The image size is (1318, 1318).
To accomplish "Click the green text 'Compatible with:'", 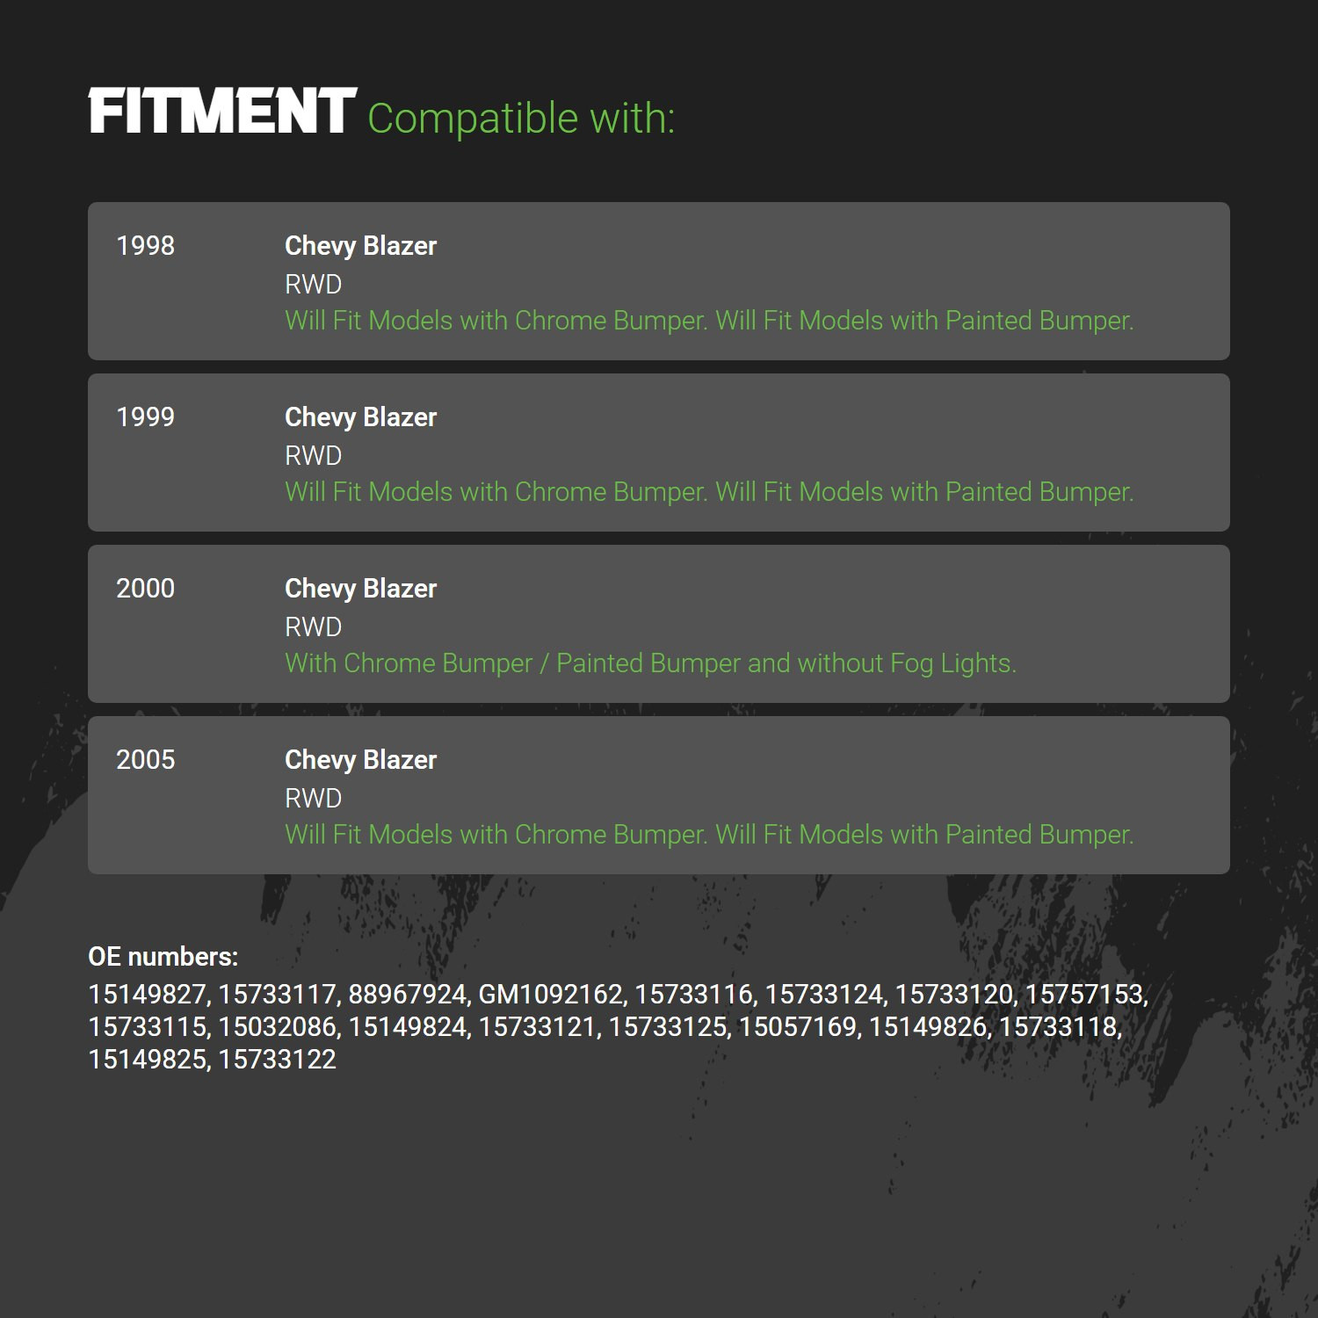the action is (521, 119).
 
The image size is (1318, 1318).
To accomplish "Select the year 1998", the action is (146, 245).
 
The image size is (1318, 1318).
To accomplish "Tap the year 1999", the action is (146, 416).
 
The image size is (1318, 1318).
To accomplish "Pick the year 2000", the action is (146, 588).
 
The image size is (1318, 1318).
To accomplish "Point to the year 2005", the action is (146, 759).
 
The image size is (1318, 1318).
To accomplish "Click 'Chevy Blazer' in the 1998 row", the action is (360, 246).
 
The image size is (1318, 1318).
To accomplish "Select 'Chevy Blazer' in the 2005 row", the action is (360, 760).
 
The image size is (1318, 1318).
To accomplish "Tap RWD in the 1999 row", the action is (313, 455).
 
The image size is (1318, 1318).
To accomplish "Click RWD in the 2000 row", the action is (313, 626).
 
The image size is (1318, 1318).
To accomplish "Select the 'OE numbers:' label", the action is (163, 956).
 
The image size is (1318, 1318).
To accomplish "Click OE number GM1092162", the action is (551, 994).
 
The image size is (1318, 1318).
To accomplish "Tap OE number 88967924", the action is (408, 994).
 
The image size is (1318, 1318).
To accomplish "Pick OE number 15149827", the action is (147, 994).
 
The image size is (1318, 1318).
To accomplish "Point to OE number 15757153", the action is (1084, 994).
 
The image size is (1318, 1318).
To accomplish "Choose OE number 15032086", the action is (278, 1026).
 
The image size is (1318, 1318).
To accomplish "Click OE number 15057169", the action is (798, 1026).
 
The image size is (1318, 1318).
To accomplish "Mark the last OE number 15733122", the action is (278, 1059).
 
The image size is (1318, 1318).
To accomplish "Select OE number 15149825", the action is (147, 1059).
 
